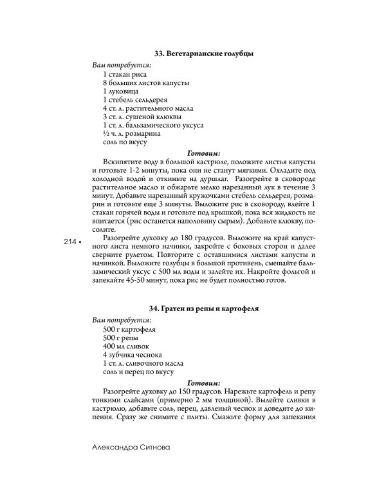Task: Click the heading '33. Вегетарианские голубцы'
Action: [204, 53]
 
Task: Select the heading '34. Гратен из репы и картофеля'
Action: [204, 308]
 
